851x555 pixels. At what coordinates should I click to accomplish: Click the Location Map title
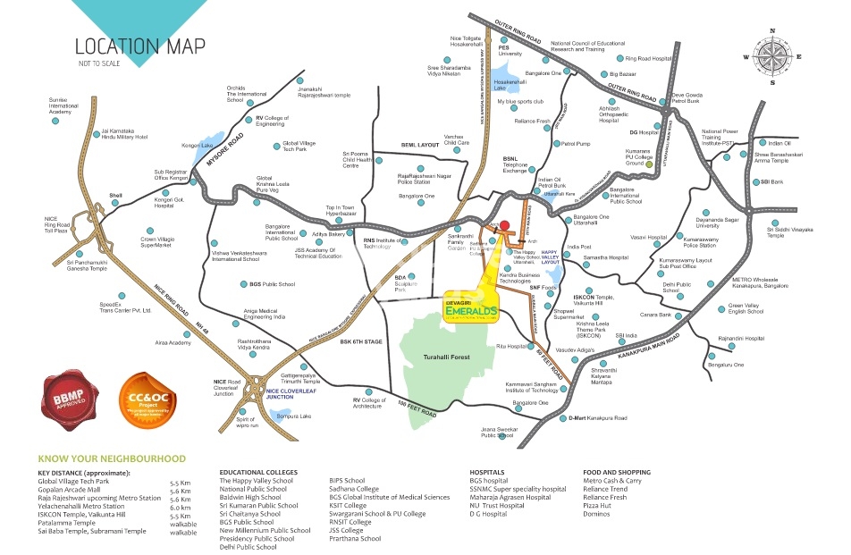click(x=139, y=46)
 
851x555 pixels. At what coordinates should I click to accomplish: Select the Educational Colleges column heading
click(x=263, y=472)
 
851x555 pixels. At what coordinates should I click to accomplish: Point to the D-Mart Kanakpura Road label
click(x=597, y=417)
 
